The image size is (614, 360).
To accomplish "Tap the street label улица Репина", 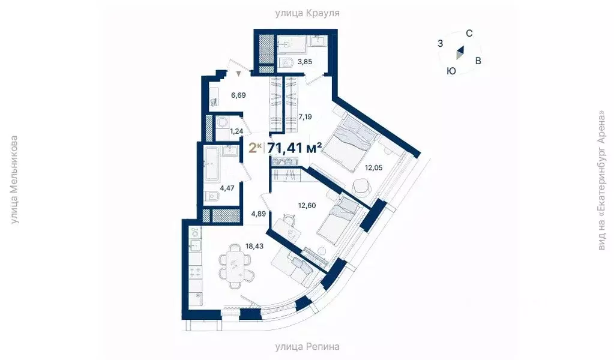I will pyautogui.click(x=307, y=346).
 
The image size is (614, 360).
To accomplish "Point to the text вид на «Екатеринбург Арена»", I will pyautogui.click(x=601, y=180).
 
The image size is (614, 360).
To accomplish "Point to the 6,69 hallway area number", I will pyautogui.click(x=238, y=95).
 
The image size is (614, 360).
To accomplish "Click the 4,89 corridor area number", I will pyautogui.click(x=258, y=213).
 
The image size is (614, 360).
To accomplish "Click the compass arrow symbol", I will pyautogui.click(x=459, y=53).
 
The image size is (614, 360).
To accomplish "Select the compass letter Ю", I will pyautogui.click(x=451, y=71).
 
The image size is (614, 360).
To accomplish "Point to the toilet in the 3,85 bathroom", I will pyautogui.click(x=286, y=62).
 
